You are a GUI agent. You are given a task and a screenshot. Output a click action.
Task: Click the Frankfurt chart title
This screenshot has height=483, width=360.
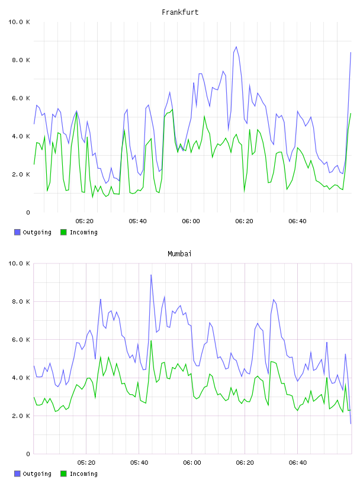click(180, 12)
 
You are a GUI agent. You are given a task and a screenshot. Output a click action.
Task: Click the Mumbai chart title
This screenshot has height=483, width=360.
click(179, 254)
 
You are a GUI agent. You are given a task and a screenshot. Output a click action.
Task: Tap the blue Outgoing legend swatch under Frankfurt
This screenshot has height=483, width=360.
click(17, 232)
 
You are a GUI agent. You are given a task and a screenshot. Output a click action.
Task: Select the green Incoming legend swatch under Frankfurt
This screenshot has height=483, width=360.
click(63, 232)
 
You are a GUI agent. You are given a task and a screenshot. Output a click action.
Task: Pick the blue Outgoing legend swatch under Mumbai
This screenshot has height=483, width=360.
click(17, 474)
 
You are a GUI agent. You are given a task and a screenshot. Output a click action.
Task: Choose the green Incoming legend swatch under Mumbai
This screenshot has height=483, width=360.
click(63, 474)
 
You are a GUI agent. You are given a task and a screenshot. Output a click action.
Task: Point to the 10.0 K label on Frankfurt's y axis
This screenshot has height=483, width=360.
click(19, 22)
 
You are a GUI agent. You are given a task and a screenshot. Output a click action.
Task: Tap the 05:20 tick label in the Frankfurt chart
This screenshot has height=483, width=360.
click(85, 221)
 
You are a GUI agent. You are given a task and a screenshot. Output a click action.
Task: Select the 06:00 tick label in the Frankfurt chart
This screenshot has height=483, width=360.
click(191, 221)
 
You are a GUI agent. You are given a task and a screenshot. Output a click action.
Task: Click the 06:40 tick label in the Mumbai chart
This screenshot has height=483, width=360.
click(298, 463)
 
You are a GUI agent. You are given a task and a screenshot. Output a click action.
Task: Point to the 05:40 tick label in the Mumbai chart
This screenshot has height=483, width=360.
click(139, 463)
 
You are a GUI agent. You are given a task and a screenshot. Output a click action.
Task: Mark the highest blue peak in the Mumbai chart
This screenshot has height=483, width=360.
click(151, 275)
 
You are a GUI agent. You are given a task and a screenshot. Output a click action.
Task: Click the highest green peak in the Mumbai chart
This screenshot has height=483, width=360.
click(151, 341)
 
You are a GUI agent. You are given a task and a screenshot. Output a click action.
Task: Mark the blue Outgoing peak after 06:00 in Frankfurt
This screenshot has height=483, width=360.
click(236, 47)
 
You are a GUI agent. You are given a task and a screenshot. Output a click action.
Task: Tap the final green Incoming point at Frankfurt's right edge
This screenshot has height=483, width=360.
click(351, 114)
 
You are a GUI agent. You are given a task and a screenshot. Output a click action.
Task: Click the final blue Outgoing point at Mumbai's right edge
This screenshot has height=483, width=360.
click(351, 424)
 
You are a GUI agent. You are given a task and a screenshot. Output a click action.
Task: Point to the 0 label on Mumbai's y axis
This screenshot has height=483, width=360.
click(28, 454)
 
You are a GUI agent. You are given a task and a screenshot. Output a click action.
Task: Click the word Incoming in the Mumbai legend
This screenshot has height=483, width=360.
click(83, 474)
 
